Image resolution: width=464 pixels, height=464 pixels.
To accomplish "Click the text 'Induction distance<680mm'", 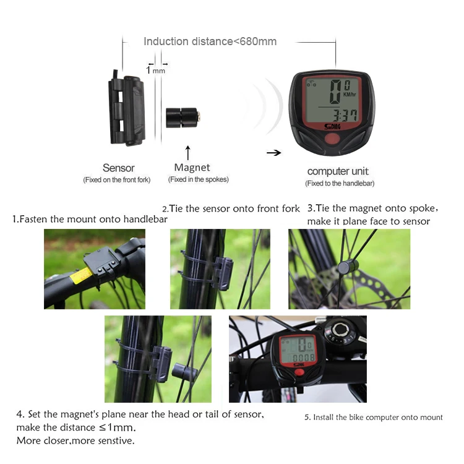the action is [x=210, y=41].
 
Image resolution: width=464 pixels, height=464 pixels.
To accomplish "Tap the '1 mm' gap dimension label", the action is [x=156, y=71].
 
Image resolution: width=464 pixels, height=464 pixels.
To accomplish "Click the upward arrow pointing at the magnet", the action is [x=187, y=153].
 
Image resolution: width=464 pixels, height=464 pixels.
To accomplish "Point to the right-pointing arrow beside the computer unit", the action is [x=273, y=153].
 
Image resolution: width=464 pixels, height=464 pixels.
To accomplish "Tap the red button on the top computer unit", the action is [x=332, y=139].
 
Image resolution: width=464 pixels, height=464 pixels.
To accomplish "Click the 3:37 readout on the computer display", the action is [x=345, y=115].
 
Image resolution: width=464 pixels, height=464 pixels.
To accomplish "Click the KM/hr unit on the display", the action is [x=350, y=95].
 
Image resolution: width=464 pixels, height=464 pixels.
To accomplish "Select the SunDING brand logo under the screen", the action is [x=332, y=127].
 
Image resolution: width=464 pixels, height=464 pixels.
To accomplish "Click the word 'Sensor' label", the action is [x=119, y=168].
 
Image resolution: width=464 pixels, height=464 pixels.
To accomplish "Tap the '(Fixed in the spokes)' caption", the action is [x=198, y=179].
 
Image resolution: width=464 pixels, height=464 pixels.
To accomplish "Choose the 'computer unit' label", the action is [x=338, y=171].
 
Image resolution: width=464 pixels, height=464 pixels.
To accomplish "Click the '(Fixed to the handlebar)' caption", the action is [x=340, y=184].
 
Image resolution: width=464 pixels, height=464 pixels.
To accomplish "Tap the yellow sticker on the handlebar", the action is [x=82, y=275].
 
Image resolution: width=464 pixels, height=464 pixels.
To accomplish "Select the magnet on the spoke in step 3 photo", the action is [x=348, y=267].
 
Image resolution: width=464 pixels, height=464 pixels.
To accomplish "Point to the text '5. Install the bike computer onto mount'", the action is [x=374, y=417].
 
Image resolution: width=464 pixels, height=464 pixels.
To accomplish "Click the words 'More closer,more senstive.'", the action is [x=75, y=440].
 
